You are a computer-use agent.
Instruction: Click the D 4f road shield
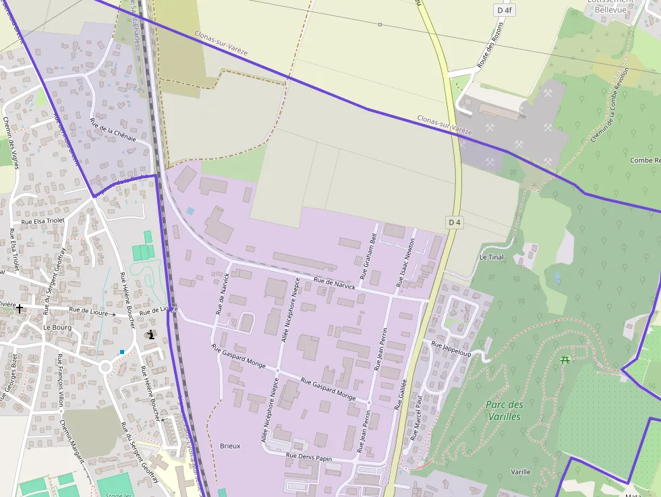click(505, 10)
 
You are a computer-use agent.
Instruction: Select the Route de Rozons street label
click(490, 45)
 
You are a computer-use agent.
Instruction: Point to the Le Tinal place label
click(491, 257)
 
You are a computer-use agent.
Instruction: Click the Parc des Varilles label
click(504, 410)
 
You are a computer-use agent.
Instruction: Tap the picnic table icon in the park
click(565, 359)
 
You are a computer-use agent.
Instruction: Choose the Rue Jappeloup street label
click(451, 349)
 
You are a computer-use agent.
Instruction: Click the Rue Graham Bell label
click(368, 257)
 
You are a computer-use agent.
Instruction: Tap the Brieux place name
click(230, 446)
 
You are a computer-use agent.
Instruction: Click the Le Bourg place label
click(57, 326)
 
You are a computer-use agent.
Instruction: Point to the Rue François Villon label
click(60, 380)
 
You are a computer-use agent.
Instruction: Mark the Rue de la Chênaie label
click(113, 129)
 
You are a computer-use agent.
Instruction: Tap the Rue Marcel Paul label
click(415, 418)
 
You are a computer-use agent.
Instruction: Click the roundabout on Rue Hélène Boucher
click(105, 368)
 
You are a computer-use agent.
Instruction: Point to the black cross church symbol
click(20, 308)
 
